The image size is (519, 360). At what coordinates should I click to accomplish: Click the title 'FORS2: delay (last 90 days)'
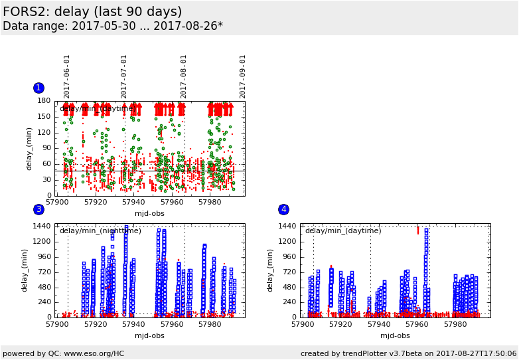92,12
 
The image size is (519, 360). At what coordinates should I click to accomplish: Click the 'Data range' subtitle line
113,27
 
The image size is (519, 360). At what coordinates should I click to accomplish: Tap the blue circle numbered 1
38,88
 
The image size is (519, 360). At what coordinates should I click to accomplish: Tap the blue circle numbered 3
38,209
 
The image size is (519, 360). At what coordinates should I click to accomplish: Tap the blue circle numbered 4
283,209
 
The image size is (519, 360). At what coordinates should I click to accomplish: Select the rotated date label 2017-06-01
67,76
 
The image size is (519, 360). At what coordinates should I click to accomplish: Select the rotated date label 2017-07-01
124,76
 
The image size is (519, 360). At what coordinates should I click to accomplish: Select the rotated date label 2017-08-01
184,76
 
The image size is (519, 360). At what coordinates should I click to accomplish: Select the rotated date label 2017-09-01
243,76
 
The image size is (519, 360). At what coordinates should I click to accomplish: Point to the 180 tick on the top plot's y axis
44,101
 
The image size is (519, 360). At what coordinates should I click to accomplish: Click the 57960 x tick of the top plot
172,202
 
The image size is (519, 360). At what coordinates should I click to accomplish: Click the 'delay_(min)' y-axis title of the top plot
29,148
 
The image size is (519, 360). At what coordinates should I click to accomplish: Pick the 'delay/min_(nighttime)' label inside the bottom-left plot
100,230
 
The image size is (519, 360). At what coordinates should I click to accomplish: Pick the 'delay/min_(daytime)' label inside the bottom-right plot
343,230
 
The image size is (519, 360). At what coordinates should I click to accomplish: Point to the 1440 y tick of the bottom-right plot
287,226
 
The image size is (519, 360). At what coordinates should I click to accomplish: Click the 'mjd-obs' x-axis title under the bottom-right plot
395,335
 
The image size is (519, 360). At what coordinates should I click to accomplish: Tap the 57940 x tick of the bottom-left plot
133,324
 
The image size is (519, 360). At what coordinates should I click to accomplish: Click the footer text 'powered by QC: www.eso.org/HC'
64,353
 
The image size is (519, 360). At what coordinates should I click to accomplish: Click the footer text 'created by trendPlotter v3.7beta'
372,353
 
